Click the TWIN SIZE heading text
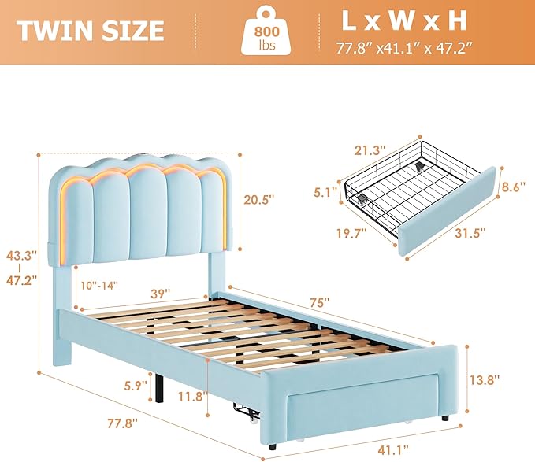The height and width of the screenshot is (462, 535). [91, 31]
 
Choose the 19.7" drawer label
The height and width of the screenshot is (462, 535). [347, 232]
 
